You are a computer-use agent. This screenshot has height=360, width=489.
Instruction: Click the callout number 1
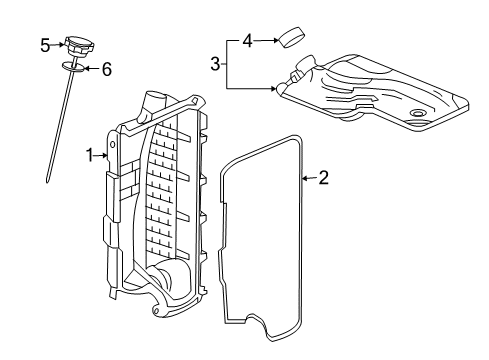(x=89, y=155)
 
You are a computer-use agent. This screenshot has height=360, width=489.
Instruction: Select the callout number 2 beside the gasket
(x=323, y=178)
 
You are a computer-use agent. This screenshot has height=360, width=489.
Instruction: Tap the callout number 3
(x=214, y=64)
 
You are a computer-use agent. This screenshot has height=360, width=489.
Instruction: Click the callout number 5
(x=45, y=44)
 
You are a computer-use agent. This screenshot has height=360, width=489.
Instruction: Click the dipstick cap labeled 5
(x=77, y=45)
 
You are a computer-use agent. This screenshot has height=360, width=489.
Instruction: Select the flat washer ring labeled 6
(x=72, y=67)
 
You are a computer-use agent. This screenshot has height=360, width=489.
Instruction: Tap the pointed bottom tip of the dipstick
(x=47, y=181)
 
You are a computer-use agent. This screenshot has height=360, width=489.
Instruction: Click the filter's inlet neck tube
(x=301, y=71)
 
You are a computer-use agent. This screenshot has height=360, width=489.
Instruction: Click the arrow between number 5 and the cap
(x=59, y=44)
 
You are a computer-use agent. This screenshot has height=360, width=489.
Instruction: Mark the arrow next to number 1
(x=100, y=155)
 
